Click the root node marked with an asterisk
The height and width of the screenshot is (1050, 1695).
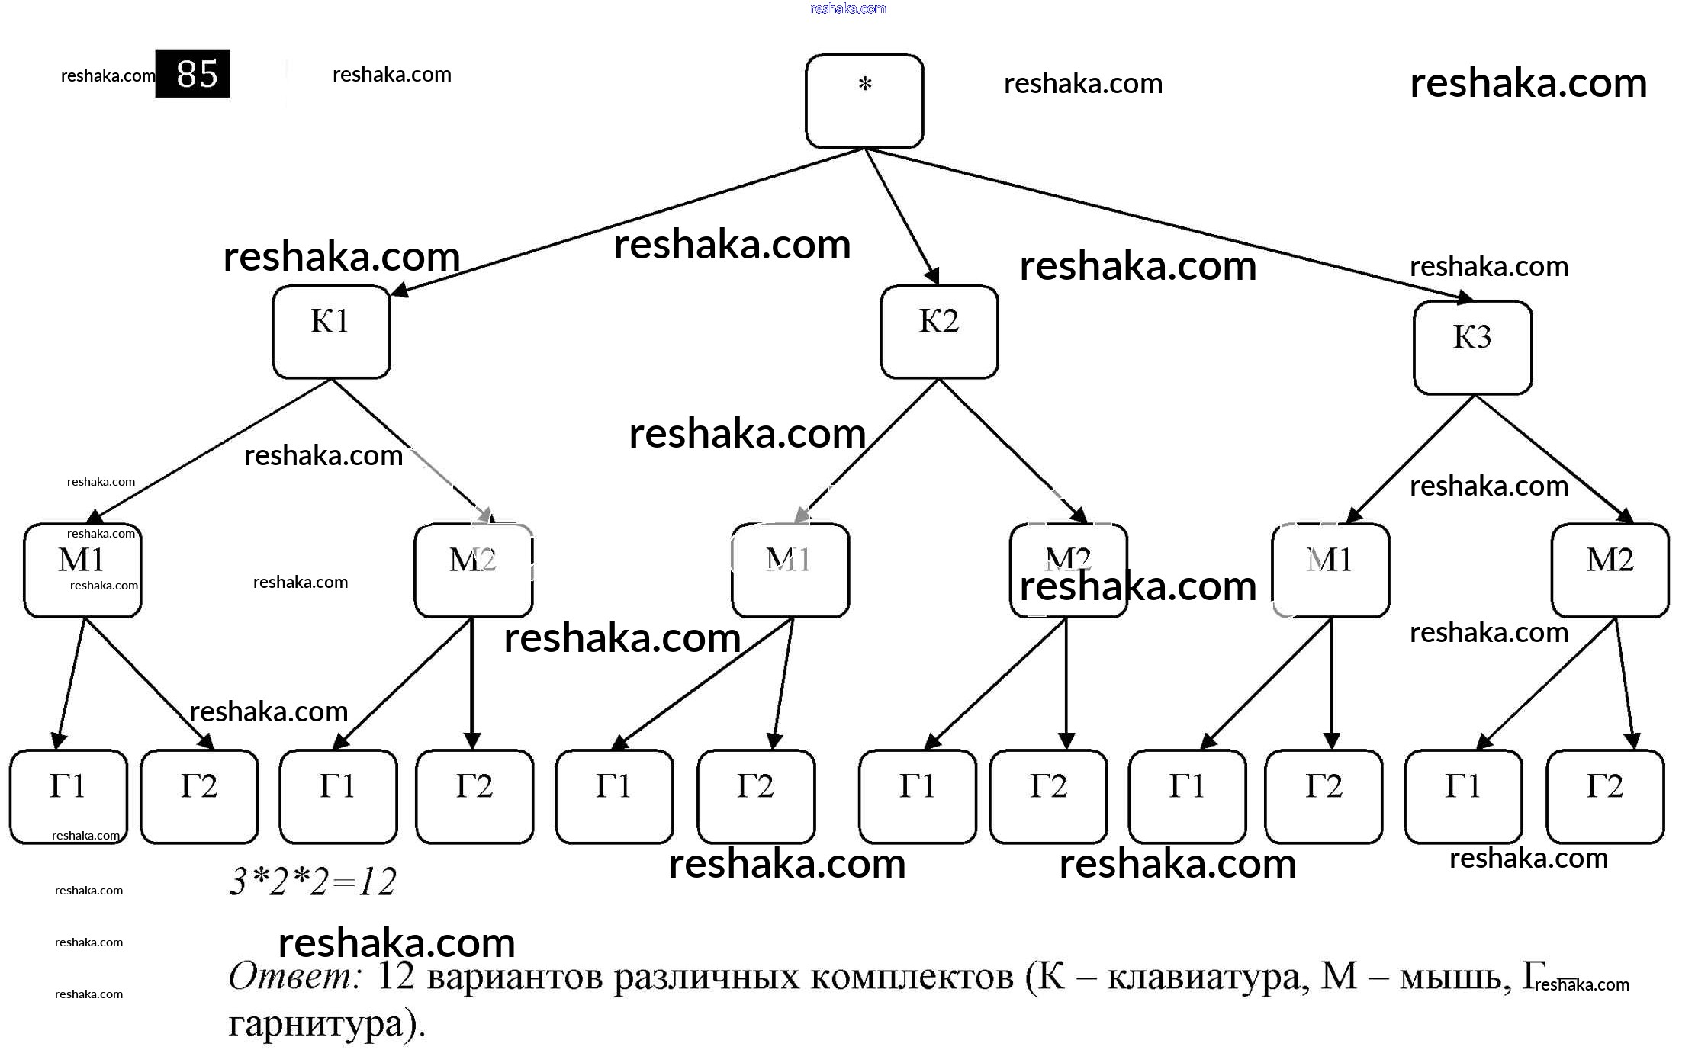pyautogui.click(x=864, y=101)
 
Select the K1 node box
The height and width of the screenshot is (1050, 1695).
pyautogui.click(x=331, y=332)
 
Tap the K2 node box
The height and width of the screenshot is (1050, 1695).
pyautogui.click(x=939, y=332)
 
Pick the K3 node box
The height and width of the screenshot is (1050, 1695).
pyautogui.click(x=1472, y=348)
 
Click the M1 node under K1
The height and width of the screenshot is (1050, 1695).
pyautogui.click(x=82, y=570)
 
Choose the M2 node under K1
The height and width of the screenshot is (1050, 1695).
pyautogui.click(x=473, y=570)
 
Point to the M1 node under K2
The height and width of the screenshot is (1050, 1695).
pyautogui.click(x=790, y=570)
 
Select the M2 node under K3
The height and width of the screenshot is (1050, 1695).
pyautogui.click(x=1610, y=570)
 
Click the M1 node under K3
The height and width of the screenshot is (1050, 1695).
pyautogui.click(x=1331, y=570)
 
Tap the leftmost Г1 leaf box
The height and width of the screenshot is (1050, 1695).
pyautogui.click(x=69, y=796)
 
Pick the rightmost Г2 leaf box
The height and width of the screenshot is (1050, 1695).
pyautogui.click(x=1605, y=796)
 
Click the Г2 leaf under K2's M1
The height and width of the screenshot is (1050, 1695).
pyautogui.click(x=756, y=796)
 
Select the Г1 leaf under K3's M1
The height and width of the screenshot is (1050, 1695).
pyautogui.click(x=1187, y=796)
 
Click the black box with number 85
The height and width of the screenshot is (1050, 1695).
pyautogui.click(x=193, y=74)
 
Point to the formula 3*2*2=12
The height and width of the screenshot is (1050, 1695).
pyautogui.click(x=313, y=882)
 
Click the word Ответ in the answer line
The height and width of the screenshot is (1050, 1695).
pyautogui.click(x=294, y=975)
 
